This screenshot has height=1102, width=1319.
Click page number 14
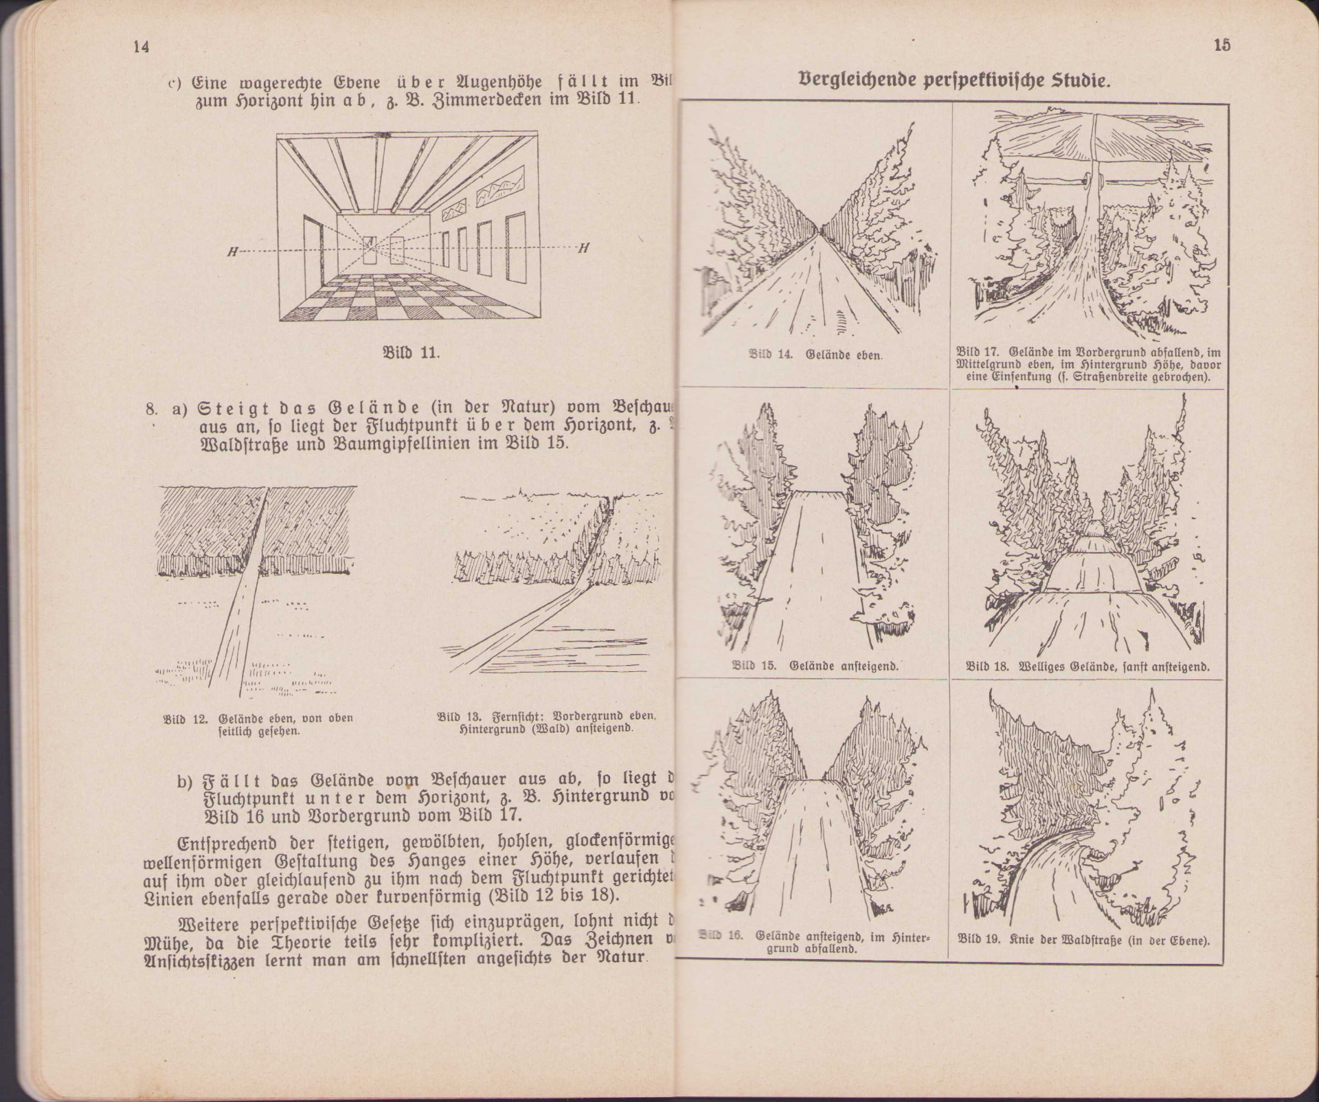point(142,47)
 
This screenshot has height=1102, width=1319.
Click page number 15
point(1222,45)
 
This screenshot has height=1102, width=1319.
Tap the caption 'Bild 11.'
point(410,353)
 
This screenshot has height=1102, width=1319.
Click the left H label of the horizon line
point(233,251)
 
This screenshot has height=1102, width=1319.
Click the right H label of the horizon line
point(583,249)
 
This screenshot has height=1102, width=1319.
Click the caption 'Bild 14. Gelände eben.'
point(815,355)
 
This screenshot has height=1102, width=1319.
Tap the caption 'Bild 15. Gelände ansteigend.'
point(815,666)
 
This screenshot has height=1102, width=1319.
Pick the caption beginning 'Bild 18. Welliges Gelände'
point(1087,666)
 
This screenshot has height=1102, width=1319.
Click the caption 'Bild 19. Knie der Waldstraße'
point(1083,939)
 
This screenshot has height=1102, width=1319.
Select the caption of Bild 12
point(258,725)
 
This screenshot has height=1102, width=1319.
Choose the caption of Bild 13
point(546,722)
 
